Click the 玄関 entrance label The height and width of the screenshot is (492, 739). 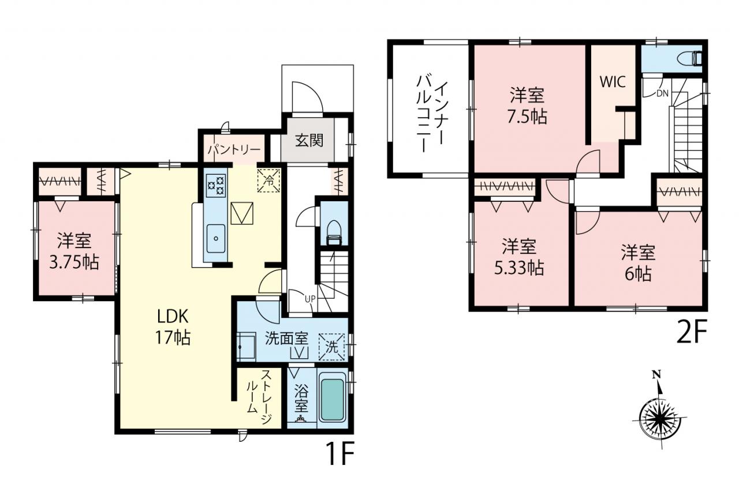pos(309,141)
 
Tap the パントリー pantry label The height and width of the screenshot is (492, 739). pos(234,151)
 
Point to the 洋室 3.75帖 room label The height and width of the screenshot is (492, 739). pos(74,251)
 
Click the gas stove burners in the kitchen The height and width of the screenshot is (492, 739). pos(216,186)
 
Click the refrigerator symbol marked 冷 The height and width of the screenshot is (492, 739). pos(269,180)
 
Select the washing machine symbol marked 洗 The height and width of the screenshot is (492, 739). pos(331,347)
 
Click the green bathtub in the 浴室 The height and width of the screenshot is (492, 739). pos(332,399)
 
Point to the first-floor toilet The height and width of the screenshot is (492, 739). pos(334,232)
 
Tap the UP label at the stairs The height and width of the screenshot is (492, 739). pos(310,299)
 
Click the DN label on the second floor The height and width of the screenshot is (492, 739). pos(662,93)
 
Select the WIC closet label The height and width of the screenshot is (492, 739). pos(613,82)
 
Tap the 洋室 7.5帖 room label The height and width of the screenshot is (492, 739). pos(527,106)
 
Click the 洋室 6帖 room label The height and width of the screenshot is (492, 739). pos(638,262)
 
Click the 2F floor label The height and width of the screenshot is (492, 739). pos(691,332)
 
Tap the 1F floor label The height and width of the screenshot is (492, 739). pos(340,453)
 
